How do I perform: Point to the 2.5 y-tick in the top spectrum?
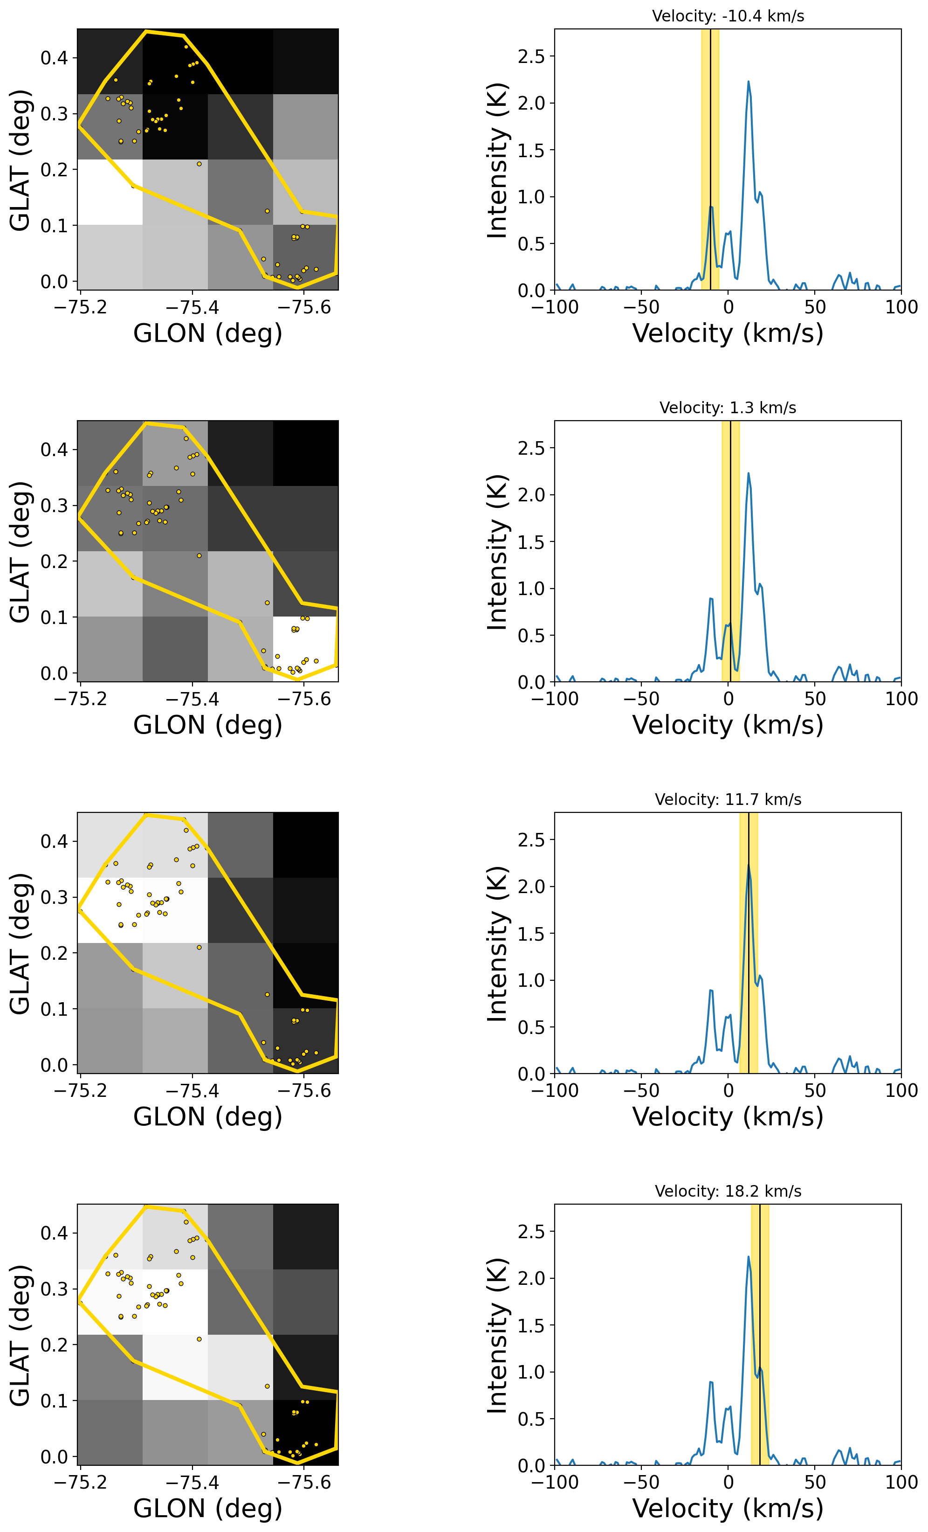point(531,56)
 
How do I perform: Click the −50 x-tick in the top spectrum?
point(641,307)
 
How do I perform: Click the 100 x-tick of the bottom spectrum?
point(901,1482)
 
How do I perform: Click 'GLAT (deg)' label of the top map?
point(20,160)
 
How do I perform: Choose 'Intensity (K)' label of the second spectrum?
point(497,552)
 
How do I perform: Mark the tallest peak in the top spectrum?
point(748,82)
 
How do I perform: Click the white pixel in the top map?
point(110,192)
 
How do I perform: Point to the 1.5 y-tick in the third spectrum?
point(531,933)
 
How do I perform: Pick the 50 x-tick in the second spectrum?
point(814,699)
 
